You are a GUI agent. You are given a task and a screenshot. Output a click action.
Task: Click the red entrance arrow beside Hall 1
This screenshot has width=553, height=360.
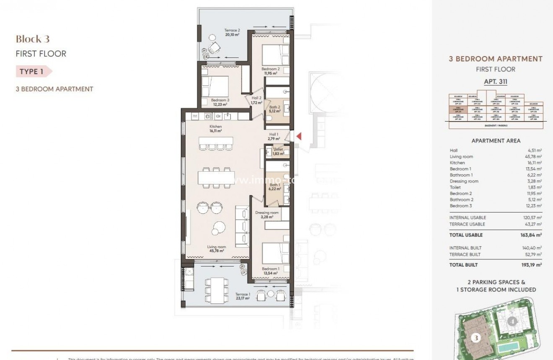[x=299, y=136]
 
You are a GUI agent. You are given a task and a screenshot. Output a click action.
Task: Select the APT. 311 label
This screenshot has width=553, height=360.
[x=496, y=82]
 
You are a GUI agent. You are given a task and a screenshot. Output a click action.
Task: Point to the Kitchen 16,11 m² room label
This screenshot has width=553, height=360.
[x=216, y=129]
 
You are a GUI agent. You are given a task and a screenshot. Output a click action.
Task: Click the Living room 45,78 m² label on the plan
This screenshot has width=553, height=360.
[x=216, y=249]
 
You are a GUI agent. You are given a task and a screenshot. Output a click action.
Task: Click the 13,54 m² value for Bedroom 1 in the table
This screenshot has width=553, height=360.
[x=535, y=169]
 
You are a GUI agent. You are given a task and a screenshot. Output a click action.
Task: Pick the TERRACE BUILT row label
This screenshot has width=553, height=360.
[x=465, y=254]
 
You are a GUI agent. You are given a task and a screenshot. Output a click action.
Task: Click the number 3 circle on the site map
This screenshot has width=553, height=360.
[x=475, y=337]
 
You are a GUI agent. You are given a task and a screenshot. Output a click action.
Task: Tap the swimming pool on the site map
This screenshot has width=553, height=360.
[x=521, y=346]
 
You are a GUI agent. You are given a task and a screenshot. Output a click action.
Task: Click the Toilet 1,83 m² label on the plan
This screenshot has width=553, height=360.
[x=278, y=151]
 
